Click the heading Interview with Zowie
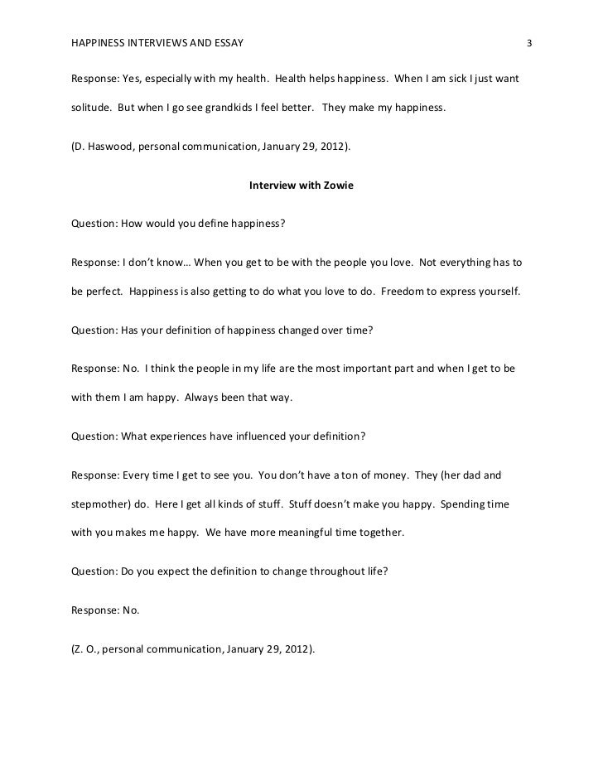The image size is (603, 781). point(301,186)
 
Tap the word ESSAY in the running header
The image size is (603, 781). point(228,41)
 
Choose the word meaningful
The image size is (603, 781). point(280,533)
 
